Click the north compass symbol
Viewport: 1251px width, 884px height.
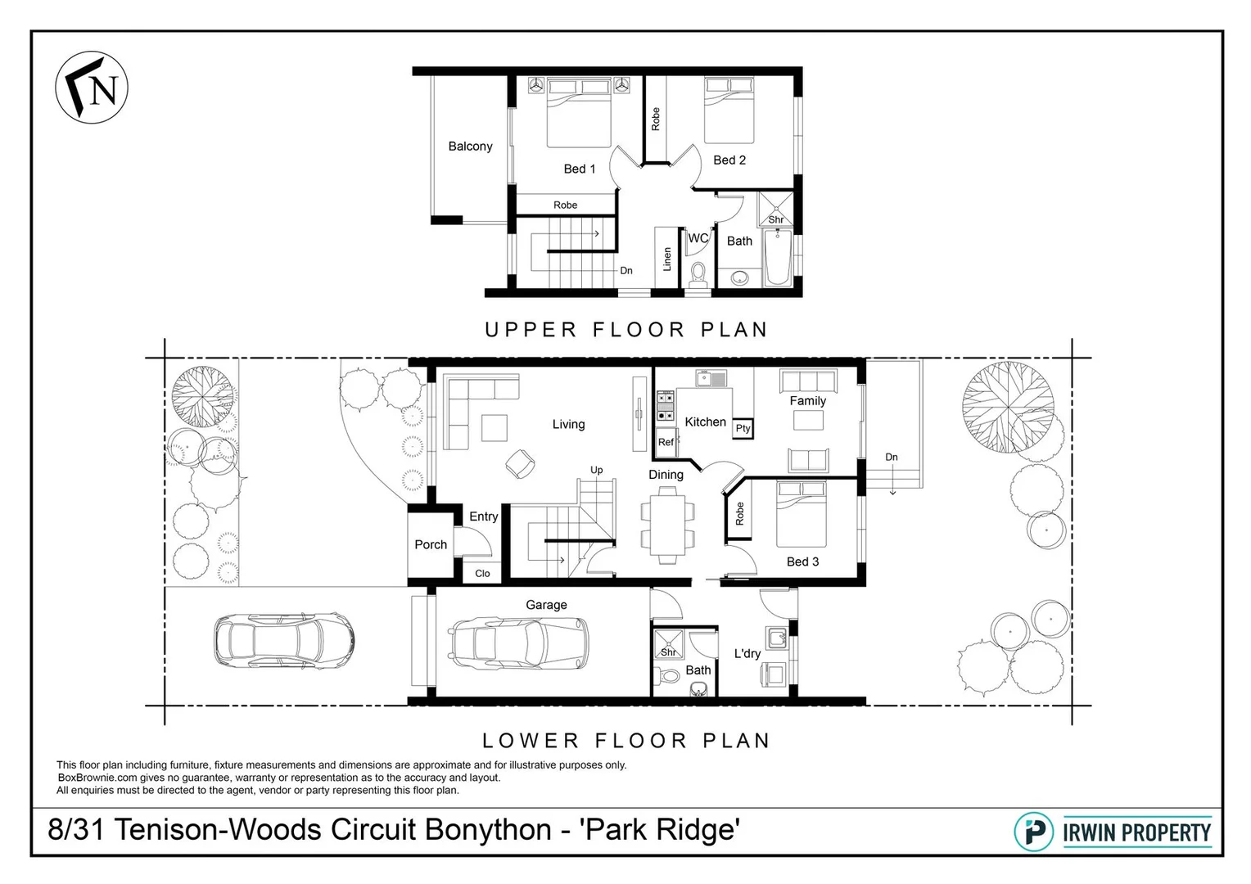click(x=92, y=88)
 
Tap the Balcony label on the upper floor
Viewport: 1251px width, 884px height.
click(x=470, y=147)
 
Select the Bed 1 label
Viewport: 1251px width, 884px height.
click(x=580, y=169)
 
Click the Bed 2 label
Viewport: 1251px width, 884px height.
click(x=729, y=160)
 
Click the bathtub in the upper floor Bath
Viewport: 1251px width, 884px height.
click(x=777, y=257)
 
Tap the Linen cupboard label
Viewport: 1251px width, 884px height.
click(x=667, y=259)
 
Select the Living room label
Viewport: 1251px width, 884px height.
click(x=568, y=424)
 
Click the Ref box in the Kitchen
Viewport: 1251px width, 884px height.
click(x=666, y=442)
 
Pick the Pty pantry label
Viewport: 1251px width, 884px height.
click(x=743, y=428)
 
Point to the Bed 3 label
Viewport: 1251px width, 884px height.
click(x=802, y=562)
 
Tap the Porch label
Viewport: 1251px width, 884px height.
click(x=431, y=544)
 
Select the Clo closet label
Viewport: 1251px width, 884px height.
click(x=482, y=573)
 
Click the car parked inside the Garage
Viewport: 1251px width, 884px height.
click(x=519, y=641)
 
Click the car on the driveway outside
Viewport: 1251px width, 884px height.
click(x=284, y=638)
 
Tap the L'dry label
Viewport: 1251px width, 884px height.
click(x=747, y=653)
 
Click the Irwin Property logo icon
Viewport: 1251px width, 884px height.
click(x=1034, y=832)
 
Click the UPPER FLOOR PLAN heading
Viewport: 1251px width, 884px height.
click(x=626, y=330)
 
